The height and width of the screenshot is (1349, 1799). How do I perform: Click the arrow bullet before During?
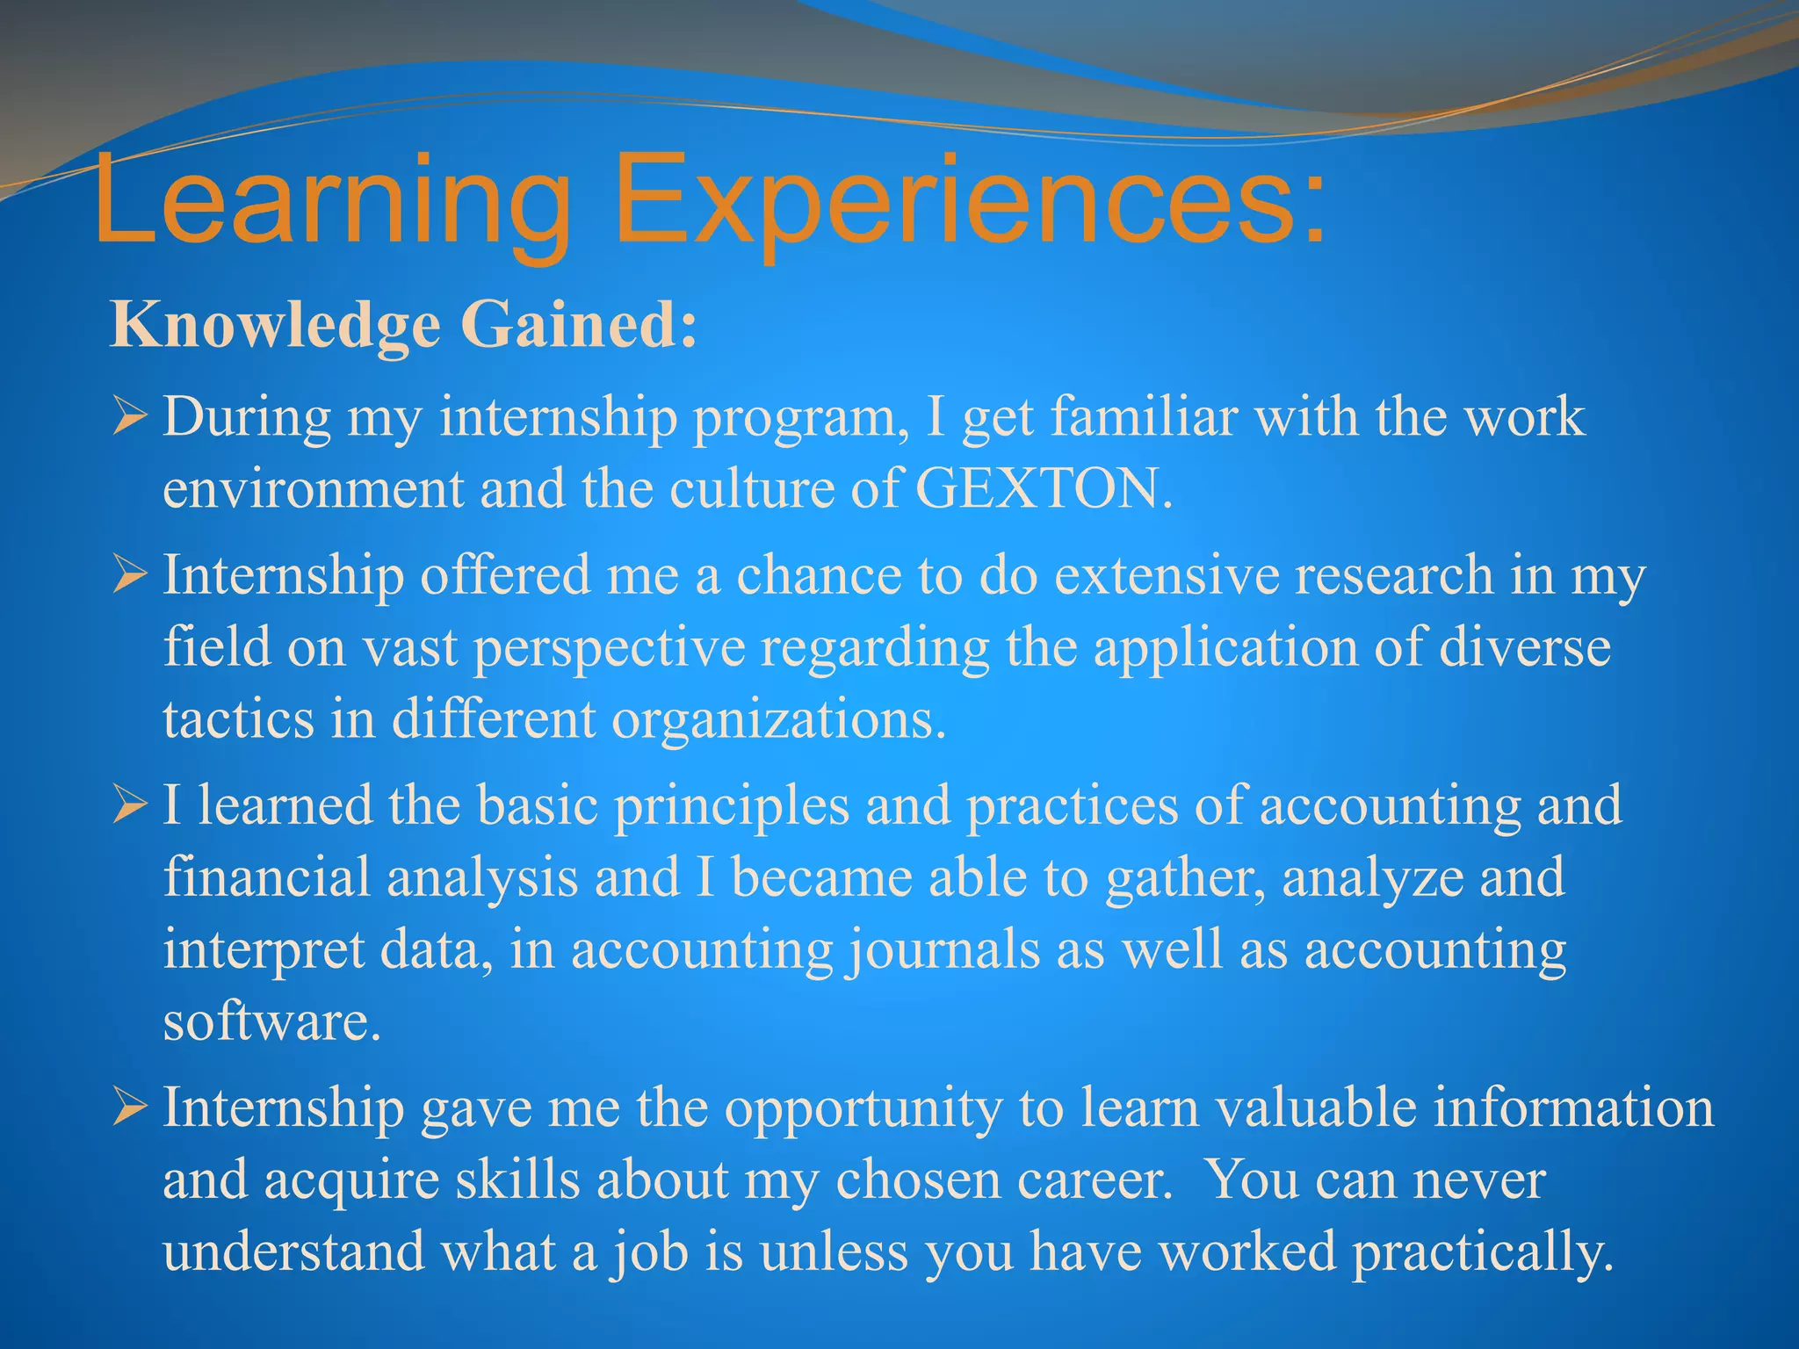point(129,417)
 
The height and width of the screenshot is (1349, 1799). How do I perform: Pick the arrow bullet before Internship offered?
point(129,577)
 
